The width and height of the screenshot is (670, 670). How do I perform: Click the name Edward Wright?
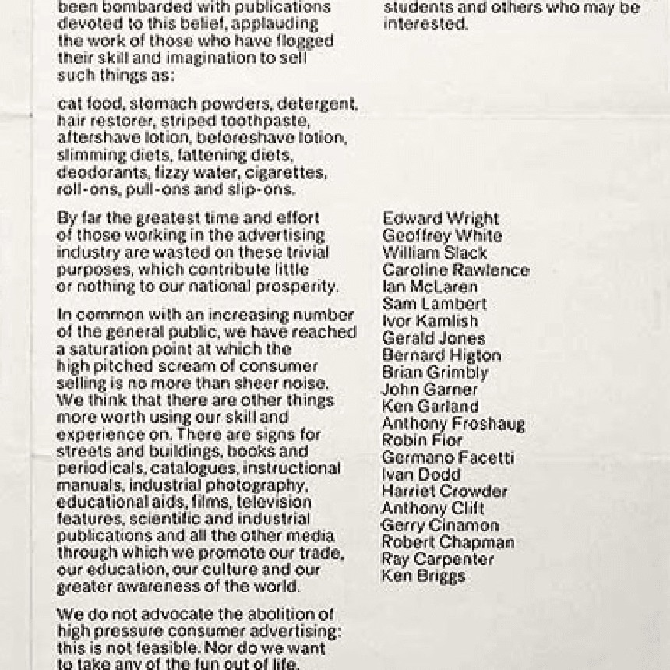pyautogui.click(x=440, y=219)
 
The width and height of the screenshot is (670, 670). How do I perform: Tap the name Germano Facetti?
pyautogui.click(x=447, y=458)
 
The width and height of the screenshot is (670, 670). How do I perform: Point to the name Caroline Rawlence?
pyautogui.click(x=455, y=270)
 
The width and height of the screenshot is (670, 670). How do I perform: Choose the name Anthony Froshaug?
pyautogui.click(x=453, y=424)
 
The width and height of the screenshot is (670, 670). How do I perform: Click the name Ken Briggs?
pyautogui.click(x=423, y=577)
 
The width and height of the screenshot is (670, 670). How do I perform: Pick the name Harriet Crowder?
pyautogui.click(x=444, y=492)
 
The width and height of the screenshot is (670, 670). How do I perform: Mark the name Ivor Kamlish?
pyautogui.click(x=430, y=321)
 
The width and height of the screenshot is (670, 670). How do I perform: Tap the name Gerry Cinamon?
pyautogui.click(x=440, y=526)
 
